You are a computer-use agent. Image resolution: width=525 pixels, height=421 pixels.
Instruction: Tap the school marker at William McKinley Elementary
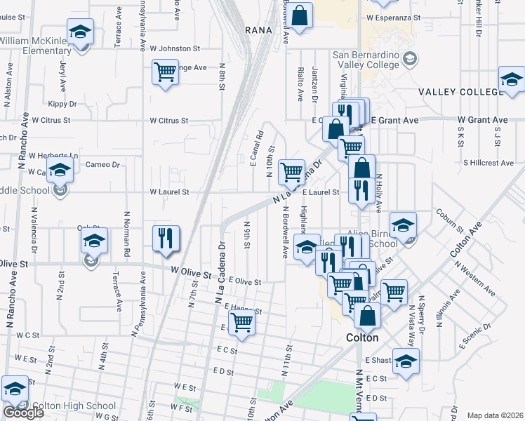(80, 34)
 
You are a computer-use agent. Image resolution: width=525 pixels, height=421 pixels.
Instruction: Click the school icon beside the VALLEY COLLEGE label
(512, 81)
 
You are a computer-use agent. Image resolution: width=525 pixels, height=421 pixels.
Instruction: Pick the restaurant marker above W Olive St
(166, 238)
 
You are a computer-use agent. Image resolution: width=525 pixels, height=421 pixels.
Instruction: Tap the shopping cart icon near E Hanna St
(241, 323)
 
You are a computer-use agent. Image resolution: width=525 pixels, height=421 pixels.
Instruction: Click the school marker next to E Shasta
(405, 362)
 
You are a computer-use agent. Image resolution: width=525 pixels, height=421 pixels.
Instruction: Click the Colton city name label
(363, 338)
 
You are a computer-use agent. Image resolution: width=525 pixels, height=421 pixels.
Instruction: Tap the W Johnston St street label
(175, 49)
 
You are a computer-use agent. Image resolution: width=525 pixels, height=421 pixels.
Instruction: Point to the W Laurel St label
(169, 192)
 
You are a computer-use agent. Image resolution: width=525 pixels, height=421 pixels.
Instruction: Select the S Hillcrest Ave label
(489, 163)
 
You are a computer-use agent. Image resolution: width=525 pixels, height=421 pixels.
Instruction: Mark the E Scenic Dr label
(474, 338)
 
